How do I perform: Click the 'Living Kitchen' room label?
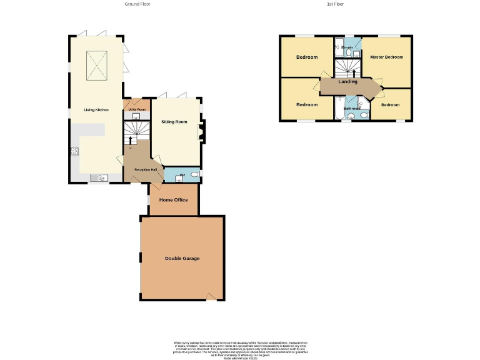point(96,110)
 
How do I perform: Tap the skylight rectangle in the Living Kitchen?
point(96,66)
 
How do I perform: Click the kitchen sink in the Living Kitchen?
point(99,178)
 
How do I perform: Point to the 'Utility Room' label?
point(136,109)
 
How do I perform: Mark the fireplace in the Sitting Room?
point(200,132)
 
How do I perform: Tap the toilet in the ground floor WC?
point(194,174)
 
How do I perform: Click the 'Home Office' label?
point(174,200)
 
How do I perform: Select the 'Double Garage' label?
point(182,258)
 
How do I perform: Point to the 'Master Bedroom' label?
point(386,57)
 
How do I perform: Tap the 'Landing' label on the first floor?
point(348,82)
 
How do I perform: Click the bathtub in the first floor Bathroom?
point(337,108)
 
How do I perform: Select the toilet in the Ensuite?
point(356,54)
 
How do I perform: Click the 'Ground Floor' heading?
point(137,4)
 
